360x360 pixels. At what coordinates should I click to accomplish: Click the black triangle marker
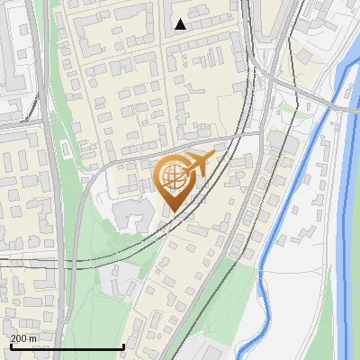[x=180, y=24]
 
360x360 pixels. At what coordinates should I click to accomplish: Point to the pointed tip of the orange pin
[x=171, y=212]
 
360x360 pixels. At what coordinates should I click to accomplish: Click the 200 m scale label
[x=24, y=338]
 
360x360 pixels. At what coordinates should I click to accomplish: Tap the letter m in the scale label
[x=33, y=338]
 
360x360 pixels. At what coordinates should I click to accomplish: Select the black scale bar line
[x=67, y=347]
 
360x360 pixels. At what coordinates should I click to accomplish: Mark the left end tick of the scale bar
[x=11, y=346]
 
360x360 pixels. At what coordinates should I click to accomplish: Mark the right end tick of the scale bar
[x=123, y=346]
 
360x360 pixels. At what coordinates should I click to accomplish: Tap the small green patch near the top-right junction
[x=286, y=108]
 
